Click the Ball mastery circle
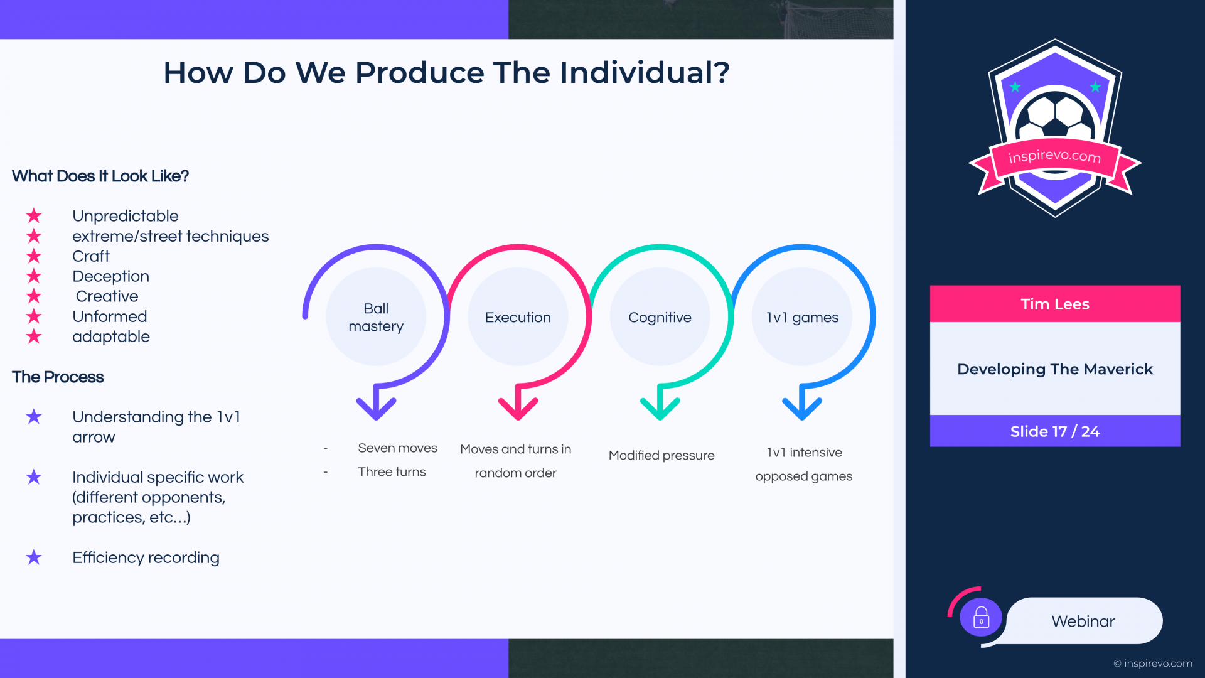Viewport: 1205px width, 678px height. point(376,316)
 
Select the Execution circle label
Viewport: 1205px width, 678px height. point(518,318)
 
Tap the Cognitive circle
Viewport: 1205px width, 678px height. point(660,316)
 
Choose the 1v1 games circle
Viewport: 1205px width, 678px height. point(802,316)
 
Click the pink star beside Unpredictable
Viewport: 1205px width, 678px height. point(34,216)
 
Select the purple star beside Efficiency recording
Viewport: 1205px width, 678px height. point(34,557)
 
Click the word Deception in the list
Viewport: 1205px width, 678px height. point(110,276)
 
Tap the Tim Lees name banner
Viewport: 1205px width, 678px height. point(1055,304)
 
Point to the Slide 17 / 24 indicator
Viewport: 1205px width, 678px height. point(1055,431)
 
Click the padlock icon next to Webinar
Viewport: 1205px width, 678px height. point(981,618)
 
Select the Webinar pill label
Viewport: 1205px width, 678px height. point(1083,621)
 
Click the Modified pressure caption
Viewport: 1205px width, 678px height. point(661,455)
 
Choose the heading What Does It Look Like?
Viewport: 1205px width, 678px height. point(100,176)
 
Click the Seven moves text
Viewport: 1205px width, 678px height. point(397,448)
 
